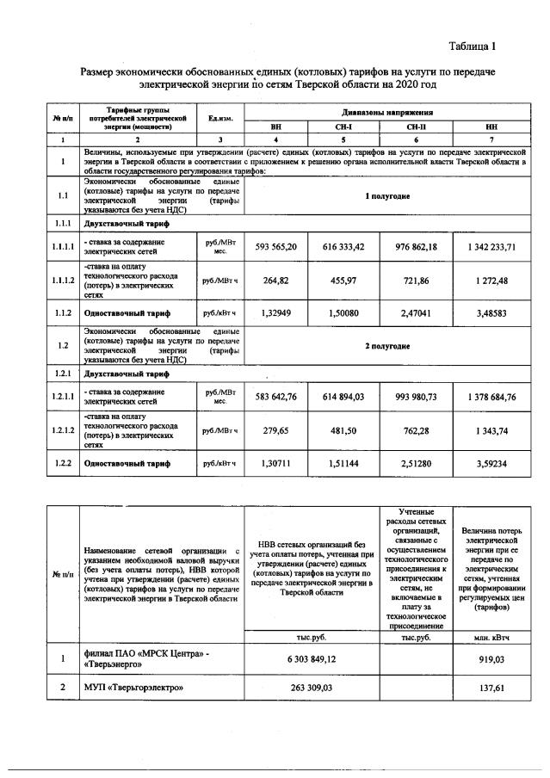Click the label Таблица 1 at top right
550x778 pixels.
(x=473, y=44)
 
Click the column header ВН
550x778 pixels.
(x=276, y=126)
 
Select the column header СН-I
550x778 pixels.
(x=343, y=126)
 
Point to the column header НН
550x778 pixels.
(x=491, y=126)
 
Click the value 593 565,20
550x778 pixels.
(x=276, y=246)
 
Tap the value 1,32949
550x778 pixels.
(x=276, y=313)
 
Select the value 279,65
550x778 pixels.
(x=276, y=429)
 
